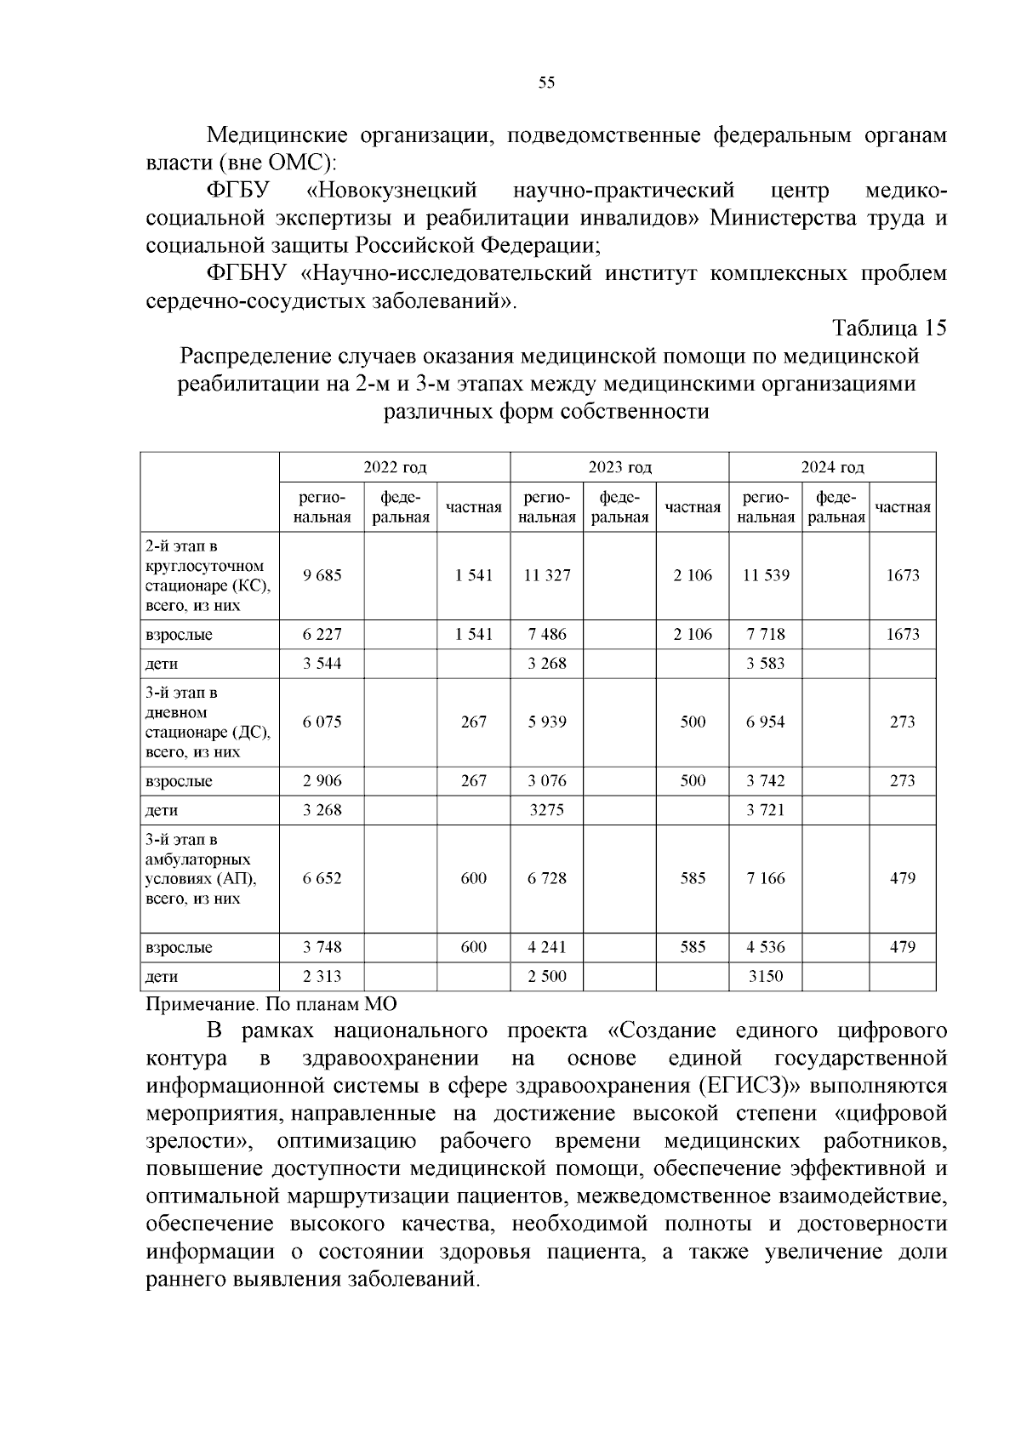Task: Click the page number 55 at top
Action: [x=546, y=83]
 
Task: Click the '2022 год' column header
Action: [x=395, y=467]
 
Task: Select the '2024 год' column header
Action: [x=832, y=467]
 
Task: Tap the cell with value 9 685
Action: [x=322, y=575]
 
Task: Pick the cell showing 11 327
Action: [x=546, y=575]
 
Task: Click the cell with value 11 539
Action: [x=765, y=575]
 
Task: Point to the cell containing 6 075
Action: [x=322, y=722]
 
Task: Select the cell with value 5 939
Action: [x=546, y=722]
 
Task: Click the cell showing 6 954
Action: [x=765, y=722]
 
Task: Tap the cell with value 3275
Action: [x=546, y=810]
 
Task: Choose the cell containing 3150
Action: [x=765, y=976]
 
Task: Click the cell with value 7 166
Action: [x=765, y=878]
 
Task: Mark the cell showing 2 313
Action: [x=322, y=976]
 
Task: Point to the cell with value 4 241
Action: [x=546, y=947]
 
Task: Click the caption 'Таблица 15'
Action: [x=888, y=328]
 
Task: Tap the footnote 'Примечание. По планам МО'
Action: [x=271, y=1004]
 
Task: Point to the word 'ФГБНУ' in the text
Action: [x=248, y=274]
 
